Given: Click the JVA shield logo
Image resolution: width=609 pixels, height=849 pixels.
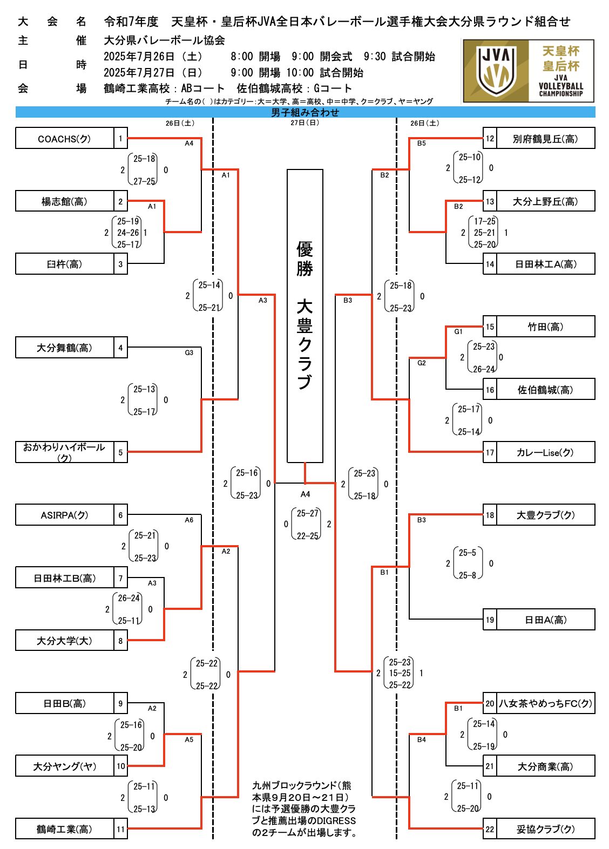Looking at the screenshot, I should (496, 71).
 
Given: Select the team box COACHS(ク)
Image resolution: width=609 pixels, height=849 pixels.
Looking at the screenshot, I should (65, 139).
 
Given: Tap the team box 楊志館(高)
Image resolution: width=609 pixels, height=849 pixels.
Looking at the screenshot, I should (65, 201).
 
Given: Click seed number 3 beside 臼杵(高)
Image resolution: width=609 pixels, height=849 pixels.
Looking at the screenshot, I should (120, 264).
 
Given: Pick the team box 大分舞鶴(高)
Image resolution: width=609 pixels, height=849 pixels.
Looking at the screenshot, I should (65, 348).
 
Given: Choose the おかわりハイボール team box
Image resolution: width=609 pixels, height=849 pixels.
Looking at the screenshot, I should (65, 452).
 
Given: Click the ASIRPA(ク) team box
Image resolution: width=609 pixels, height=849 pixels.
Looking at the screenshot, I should (65, 515).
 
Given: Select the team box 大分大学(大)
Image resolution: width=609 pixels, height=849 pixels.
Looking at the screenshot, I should (65, 641).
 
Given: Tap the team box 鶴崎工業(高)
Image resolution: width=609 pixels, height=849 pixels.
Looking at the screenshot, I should (65, 829).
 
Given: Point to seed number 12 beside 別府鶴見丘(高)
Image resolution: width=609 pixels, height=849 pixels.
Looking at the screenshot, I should (490, 139).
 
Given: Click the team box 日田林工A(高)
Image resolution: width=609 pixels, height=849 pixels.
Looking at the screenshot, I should (545, 264).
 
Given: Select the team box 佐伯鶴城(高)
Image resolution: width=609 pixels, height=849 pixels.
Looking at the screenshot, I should (545, 390).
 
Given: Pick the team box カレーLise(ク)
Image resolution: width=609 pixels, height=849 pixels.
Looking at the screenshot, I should (545, 452).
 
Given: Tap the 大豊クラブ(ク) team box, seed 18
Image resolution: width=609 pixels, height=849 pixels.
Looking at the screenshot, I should (545, 515).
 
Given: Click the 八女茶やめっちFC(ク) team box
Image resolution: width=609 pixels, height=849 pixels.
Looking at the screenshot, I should (545, 703).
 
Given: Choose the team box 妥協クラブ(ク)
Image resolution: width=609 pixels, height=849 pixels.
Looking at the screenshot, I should (545, 829).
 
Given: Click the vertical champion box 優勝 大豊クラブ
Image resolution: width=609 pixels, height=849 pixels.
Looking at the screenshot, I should (305, 316).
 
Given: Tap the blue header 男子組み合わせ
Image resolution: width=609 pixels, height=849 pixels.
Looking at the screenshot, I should (305, 112).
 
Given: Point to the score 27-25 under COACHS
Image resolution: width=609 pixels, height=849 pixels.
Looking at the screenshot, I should (144, 181).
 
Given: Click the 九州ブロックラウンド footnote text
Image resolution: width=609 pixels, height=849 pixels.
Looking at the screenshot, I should (304, 809).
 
